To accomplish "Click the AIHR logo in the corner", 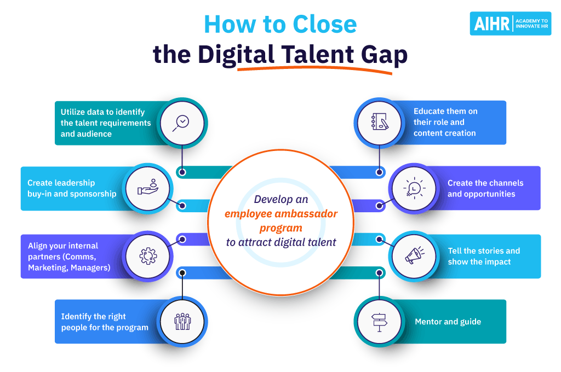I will (x=510, y=24).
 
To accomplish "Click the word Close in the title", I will (x=324, y=25).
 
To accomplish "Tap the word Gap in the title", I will (x=384, y=55).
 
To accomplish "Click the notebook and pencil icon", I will (x=378, y=122).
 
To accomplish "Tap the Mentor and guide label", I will (x=448, y=322).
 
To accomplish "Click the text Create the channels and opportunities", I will (x=485, y=188).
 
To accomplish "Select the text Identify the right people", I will (x=105, y=322).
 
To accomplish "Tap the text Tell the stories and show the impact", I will (x=484, y=256).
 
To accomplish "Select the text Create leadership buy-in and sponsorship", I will (x=72, y=188).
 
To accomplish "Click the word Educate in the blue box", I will (x=431, y=111).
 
